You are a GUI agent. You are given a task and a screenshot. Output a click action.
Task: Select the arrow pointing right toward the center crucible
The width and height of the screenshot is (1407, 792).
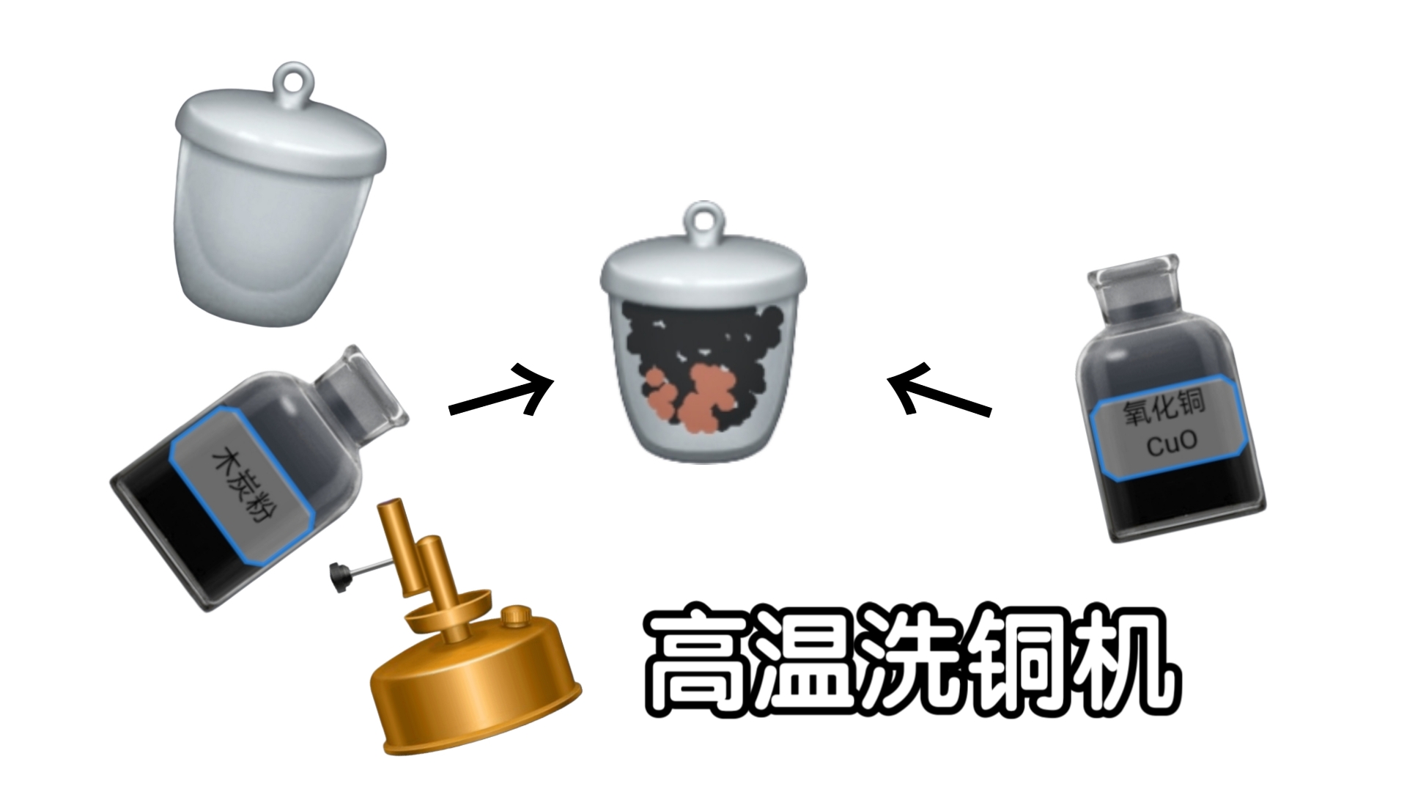click(x=503, y=392)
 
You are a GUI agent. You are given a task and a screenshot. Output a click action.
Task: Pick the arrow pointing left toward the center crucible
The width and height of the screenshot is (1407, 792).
click(x=937, y=390)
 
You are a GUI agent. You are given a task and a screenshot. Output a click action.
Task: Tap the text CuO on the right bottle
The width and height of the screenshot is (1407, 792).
click(x=1171, y=442)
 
